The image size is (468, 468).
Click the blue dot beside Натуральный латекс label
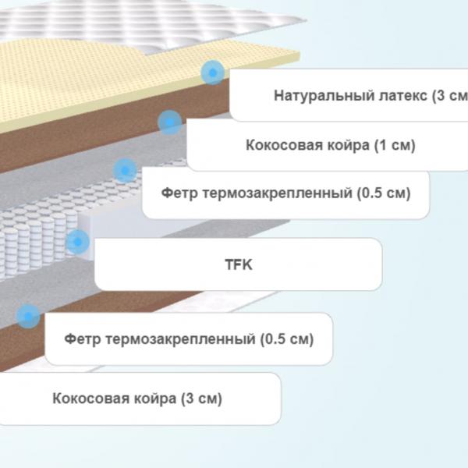212,73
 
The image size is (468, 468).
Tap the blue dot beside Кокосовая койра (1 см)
169,122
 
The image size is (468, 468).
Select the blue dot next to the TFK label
77,242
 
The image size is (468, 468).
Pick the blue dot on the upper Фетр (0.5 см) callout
125,170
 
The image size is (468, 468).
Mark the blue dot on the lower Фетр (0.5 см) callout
28,317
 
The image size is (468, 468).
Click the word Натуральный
324,96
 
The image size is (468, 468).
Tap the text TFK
239,264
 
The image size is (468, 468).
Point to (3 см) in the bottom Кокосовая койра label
201,399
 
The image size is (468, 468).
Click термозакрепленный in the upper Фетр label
278,193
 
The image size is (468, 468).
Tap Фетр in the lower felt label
83,339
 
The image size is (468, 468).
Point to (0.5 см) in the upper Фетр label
384,193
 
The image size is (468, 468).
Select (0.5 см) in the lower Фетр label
287,339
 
